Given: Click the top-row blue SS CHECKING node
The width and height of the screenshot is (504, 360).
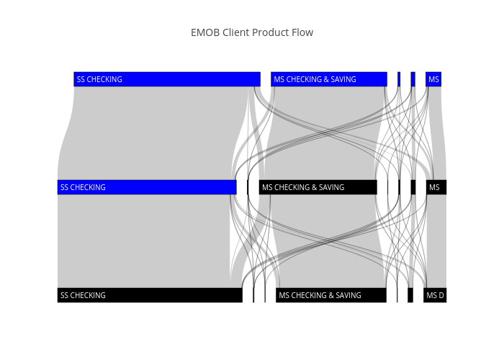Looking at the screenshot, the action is pos(167,79).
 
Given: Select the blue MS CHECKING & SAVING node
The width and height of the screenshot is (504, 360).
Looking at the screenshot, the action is pos(329,79).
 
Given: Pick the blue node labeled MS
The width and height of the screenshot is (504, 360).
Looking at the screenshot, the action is pos(433,79).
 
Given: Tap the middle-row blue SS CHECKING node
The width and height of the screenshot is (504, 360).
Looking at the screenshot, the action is pos(147,187).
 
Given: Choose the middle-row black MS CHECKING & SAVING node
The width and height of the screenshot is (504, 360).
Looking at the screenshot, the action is pos(318,187).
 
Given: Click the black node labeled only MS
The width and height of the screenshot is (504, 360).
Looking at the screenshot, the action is pos(436,187).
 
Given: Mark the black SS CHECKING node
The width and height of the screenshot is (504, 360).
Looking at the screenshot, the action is pos(150,295).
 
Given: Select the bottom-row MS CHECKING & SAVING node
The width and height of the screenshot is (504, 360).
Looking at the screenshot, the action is pos(331,295).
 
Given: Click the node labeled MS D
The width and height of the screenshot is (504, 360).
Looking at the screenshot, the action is pos(435,295).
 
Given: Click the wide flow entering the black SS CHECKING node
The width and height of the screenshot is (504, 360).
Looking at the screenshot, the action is pos(144,241).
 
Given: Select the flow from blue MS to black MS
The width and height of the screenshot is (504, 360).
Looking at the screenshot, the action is pos(438,133).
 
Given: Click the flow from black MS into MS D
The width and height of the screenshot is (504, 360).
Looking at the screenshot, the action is pos(436,241).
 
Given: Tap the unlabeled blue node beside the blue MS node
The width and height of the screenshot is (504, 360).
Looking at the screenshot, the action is pos(413,79).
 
